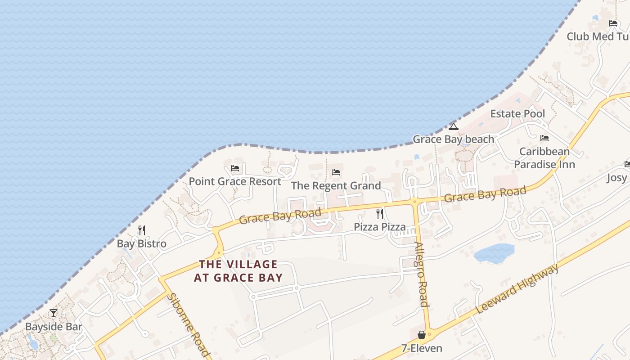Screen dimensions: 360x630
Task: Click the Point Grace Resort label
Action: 235,181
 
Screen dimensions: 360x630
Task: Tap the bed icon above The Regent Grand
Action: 336,172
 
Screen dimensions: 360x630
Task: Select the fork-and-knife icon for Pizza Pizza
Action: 380,213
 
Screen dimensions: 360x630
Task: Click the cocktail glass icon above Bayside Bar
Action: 54,313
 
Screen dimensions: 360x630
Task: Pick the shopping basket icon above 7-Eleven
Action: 422,335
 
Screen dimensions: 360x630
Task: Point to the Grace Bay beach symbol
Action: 453,126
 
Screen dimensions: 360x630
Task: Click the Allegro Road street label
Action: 421,274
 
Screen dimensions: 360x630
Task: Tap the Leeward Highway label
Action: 517,288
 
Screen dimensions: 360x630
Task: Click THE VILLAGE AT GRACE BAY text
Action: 238,271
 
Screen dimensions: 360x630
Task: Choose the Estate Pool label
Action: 517,114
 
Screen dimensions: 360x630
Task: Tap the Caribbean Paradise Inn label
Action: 544,158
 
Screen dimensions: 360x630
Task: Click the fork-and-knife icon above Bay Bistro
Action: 142,230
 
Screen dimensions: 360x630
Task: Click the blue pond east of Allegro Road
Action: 494,253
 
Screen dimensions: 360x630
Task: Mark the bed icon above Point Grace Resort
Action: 234,168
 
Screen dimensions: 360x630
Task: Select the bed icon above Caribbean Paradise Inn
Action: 544,138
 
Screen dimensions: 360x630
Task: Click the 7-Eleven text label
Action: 422,348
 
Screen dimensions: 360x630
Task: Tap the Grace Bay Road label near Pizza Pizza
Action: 280,216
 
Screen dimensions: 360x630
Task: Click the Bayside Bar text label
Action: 54,326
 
